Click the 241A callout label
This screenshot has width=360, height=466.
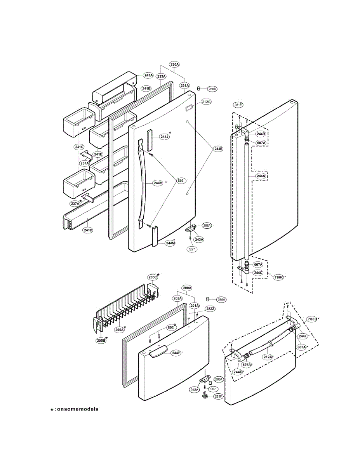[x=148, y=75]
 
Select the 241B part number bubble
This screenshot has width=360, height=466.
[x=146, y=89]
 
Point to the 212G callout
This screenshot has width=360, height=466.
[x=206, y=102]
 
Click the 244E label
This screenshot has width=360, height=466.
[x=218, y=148]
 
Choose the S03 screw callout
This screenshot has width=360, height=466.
[x=180, y=181]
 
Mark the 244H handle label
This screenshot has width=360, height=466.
[x=158, y=183]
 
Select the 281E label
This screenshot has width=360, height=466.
[x=238, y=105]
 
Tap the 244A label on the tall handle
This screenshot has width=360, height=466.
[x=261, y=176]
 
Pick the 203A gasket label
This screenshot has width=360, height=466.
[x=177, y=298]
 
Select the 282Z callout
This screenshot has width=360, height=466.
[x=210, y=309]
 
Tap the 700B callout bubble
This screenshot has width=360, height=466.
[x=312, y=319]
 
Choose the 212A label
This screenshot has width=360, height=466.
[x=267, y=357]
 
